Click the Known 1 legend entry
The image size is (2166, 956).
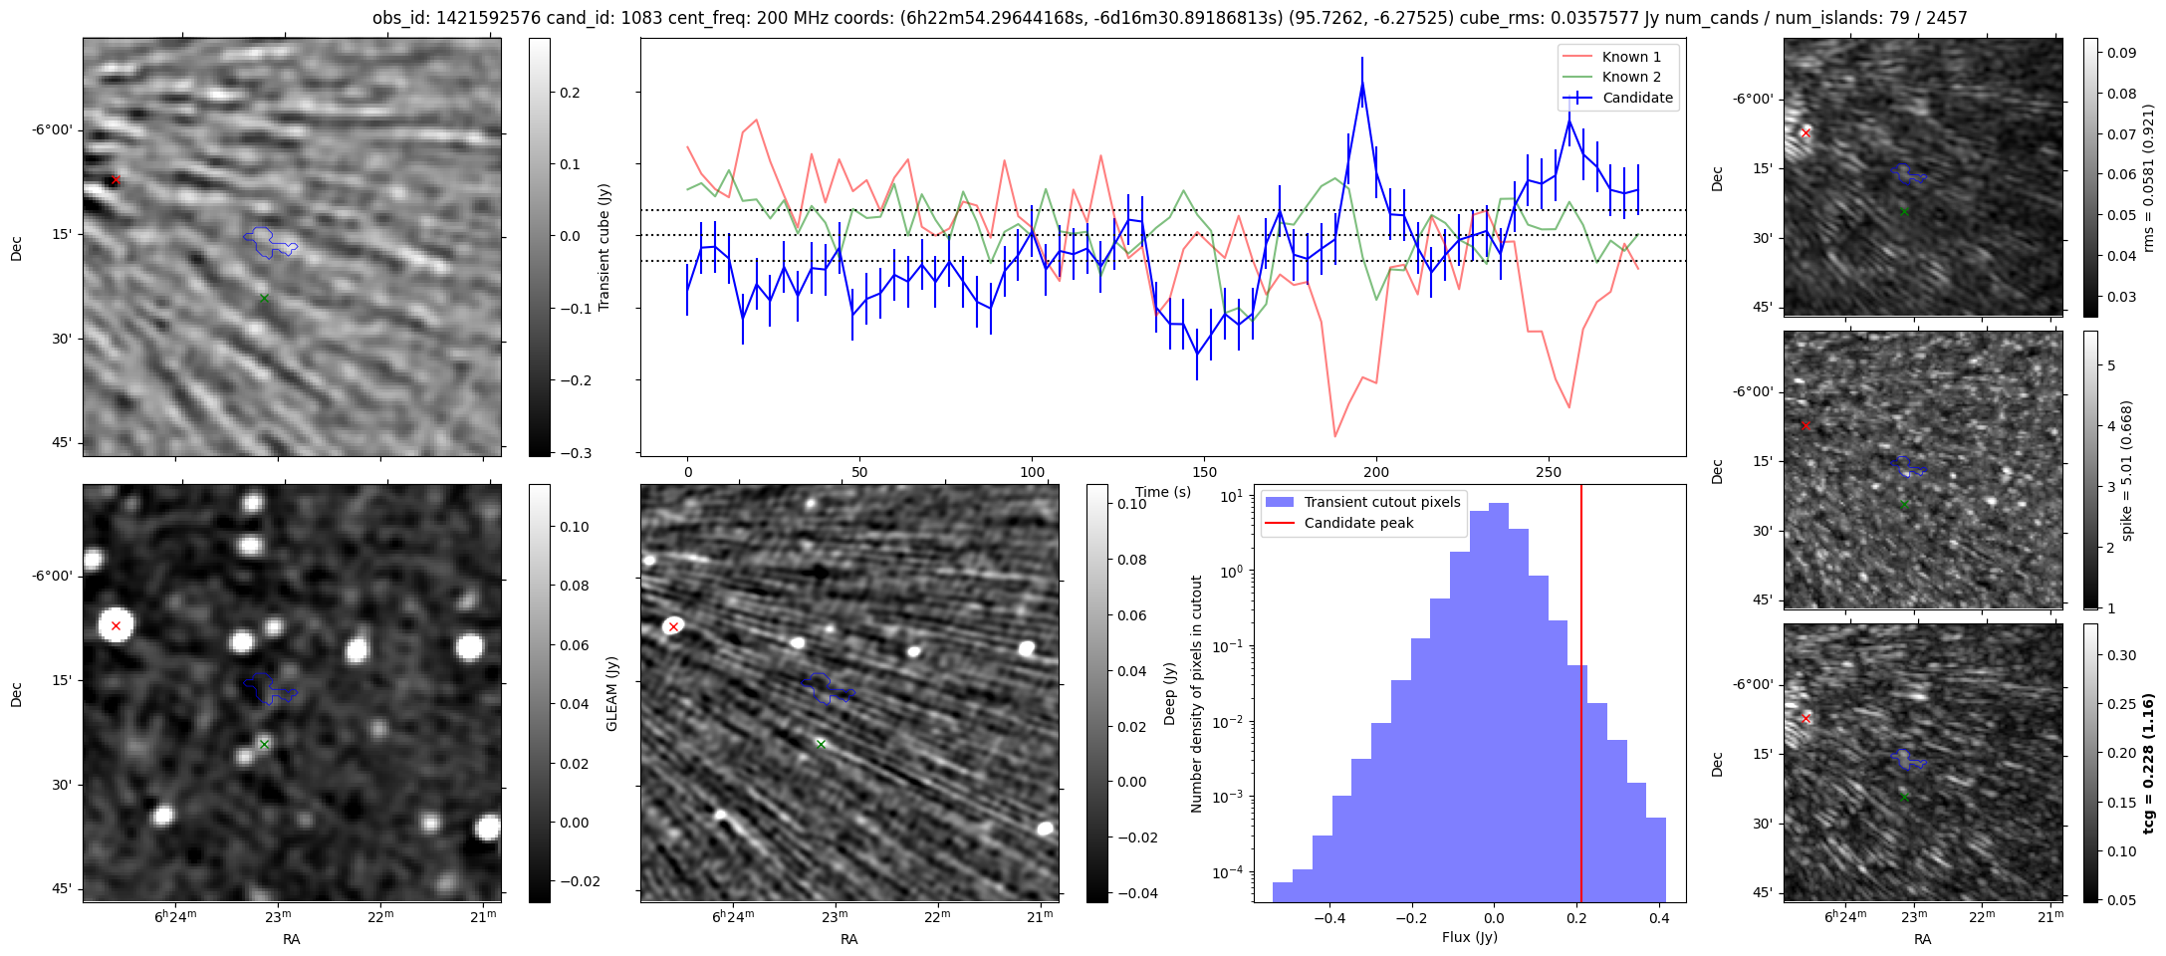click(1630, 57)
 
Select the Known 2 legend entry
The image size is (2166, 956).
click(1630, 77)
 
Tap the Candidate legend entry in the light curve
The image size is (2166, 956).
click(1637, 98)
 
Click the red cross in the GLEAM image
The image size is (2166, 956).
click(116, 625)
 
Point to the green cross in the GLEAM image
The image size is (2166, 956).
click(264, 744)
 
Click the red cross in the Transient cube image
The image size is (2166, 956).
click(116, 180)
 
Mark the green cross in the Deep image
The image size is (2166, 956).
click(821, 744)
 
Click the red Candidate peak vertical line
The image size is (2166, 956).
click(1581, 697)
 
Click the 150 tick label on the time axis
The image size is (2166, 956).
click(1204, 472)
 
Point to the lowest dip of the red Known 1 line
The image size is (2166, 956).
click(1334, 436)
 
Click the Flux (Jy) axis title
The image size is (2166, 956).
click(1469, 937)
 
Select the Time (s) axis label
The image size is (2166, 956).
click(1163, 492)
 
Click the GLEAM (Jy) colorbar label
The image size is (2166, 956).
click(611, 693)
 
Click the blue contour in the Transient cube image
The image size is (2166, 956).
click(269, 242)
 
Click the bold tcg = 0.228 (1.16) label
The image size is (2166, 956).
click(2147, 763)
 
